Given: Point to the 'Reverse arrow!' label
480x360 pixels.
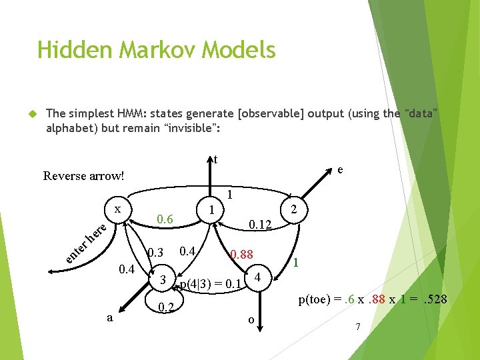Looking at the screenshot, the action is point(83,176).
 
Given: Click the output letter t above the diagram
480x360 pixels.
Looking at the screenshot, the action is point(215,159).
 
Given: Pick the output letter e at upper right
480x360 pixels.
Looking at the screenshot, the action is point(340,170).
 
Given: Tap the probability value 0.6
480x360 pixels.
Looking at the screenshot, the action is point(163,219).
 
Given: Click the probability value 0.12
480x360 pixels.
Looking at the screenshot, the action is point(259,226).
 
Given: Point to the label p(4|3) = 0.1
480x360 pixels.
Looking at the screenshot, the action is point(210,285).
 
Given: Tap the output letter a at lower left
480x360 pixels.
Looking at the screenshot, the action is point(109,318).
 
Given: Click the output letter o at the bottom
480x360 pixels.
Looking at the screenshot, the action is point(251,319).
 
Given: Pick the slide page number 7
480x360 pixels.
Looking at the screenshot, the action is point(358,327).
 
